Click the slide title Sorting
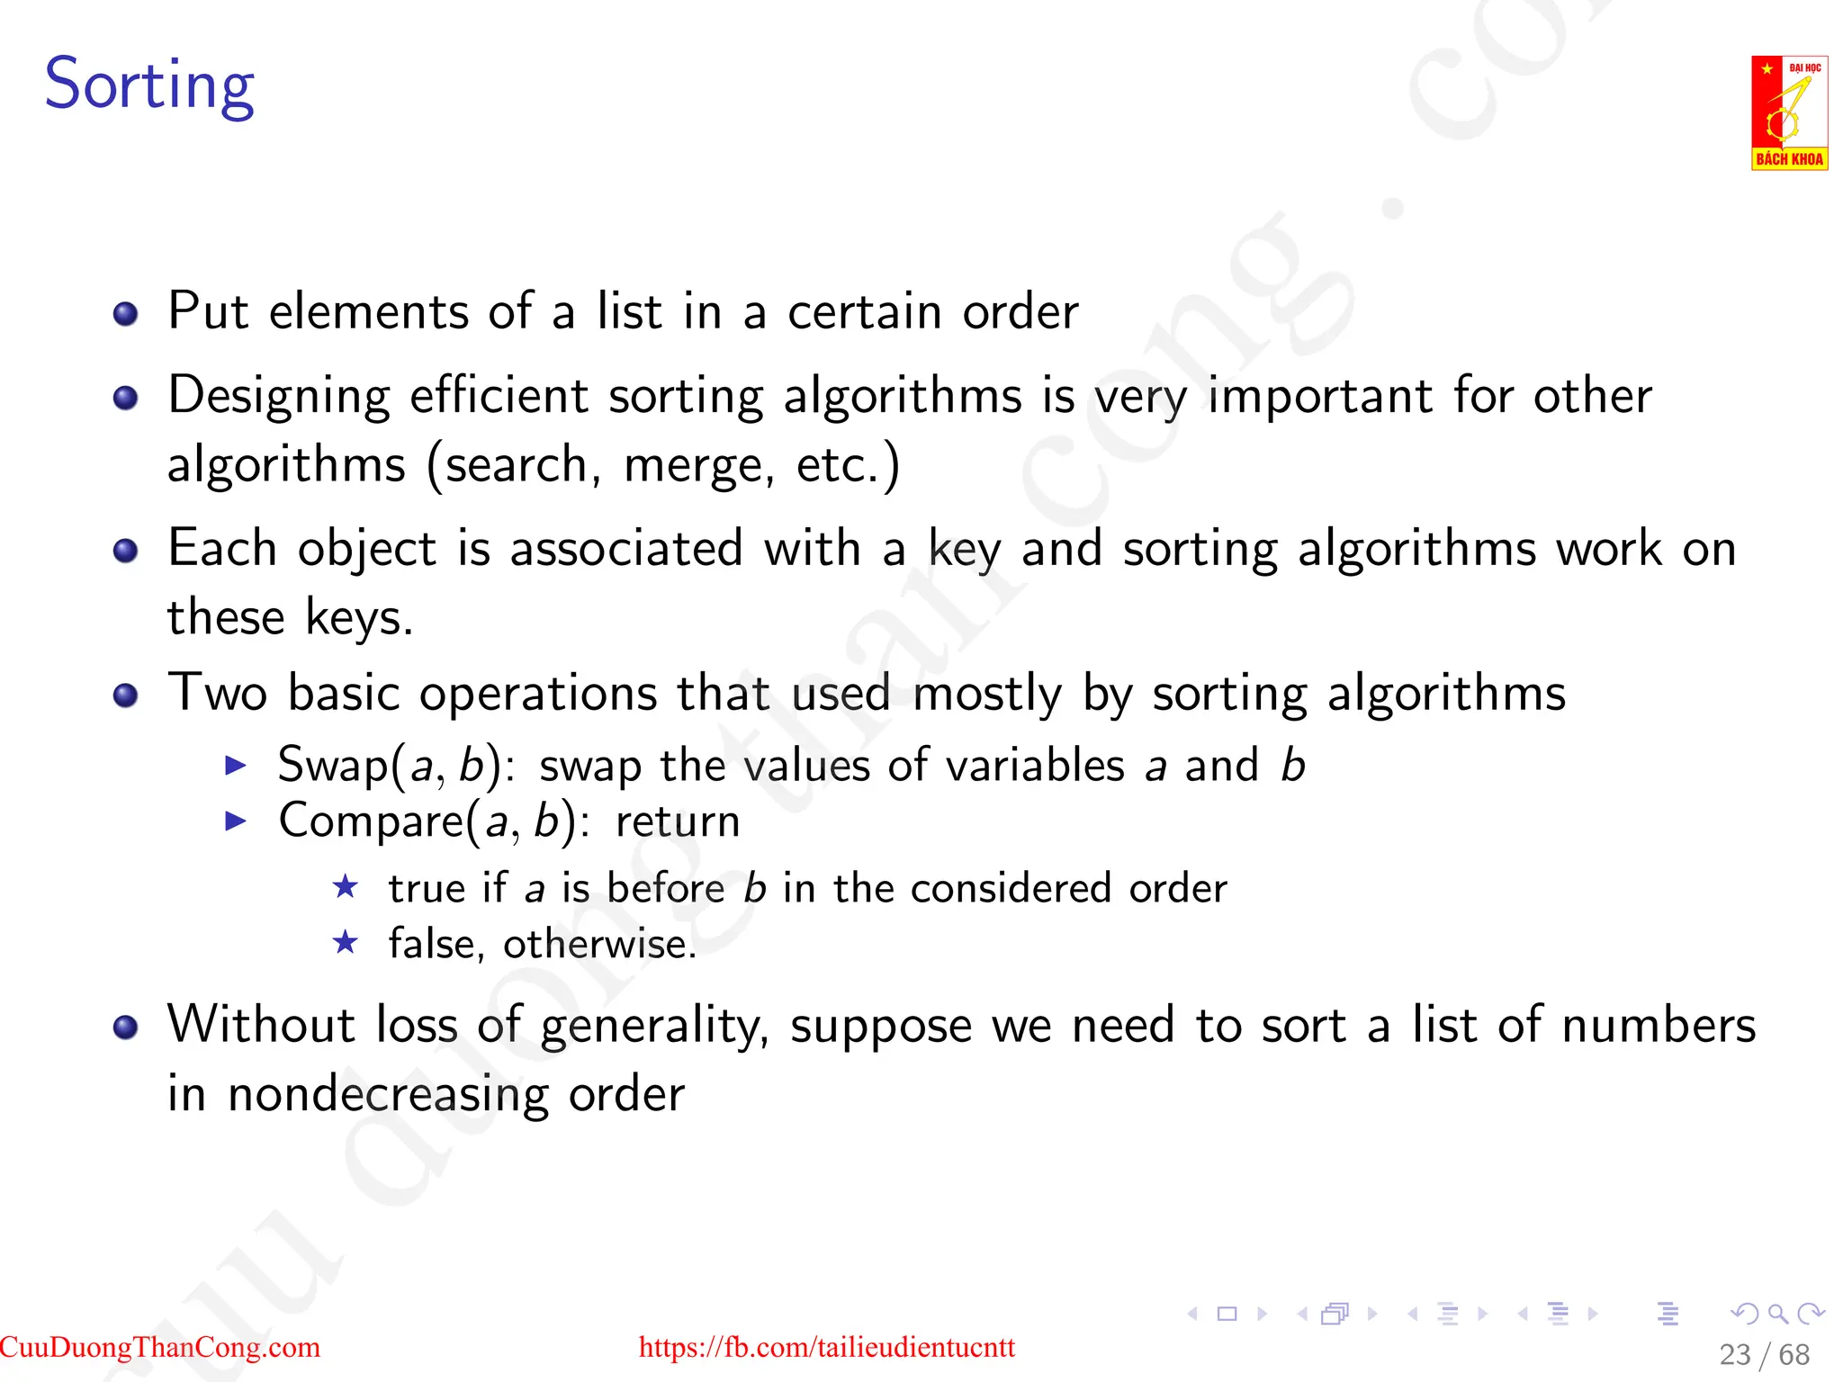[x=149, y=85]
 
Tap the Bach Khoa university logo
[x=1788, y=112]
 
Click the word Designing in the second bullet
[x=279, y=396]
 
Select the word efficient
[x=499, y=396]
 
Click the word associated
[x=626, y=549]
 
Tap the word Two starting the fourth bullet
[x=217, y=693]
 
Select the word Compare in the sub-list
[x=371, y=821]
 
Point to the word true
[x=427, y=889]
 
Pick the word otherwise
[x=599, y=945]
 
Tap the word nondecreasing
[x=388, y=1095]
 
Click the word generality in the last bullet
[x=653, y=1027]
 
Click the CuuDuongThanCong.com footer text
[x=160, y=1347]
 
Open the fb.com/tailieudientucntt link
[x=826, y=1347]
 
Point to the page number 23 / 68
[x=1764, y=1354]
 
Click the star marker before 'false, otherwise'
[x=346, y=943]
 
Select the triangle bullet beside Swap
[x=236, y=766]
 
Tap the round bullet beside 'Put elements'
[x=126, y=313]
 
